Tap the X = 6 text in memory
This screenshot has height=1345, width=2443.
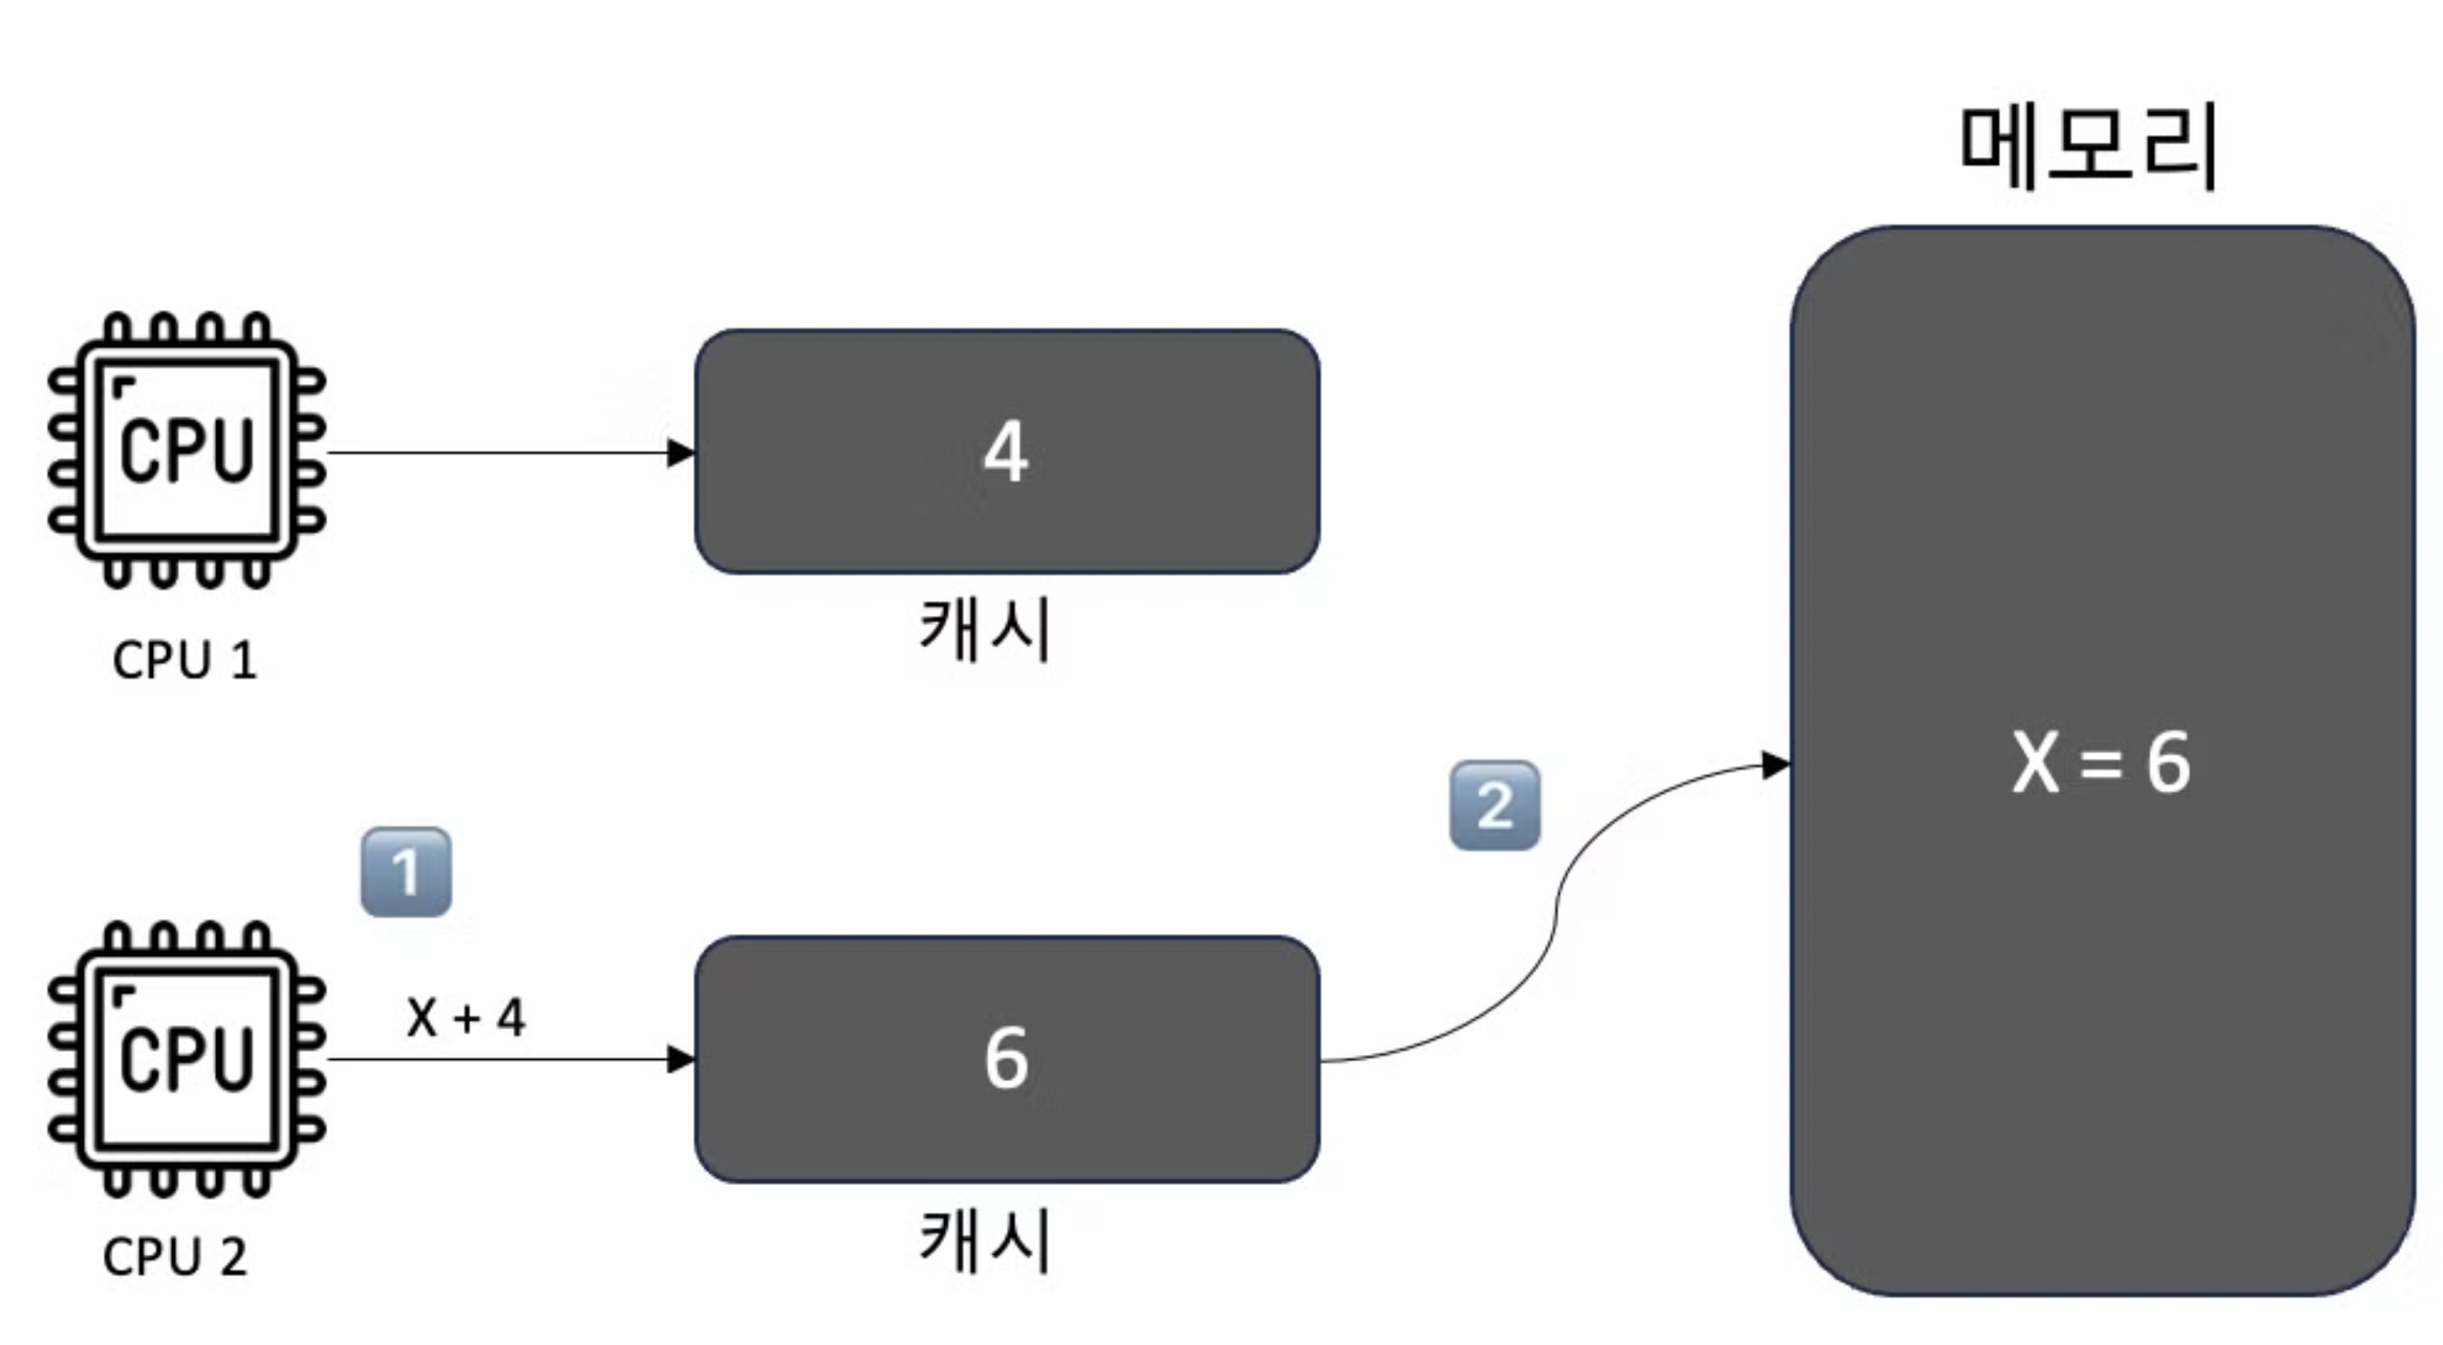click(2101, 763)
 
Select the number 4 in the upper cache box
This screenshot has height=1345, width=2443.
click(1006, 452)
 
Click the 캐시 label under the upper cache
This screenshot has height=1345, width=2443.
click(985, 629)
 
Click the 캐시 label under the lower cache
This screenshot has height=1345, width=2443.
click(985, 1240)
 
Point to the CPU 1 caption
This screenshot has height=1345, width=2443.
click(185, 661)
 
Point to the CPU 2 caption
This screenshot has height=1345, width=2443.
click(175, 1258)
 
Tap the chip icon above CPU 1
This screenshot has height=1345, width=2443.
click(187, 451)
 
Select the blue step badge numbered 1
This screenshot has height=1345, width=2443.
click(406, 871)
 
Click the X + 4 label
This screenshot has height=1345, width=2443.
click(466, 1018)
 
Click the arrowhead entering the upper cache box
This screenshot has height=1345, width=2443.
click(681, 453)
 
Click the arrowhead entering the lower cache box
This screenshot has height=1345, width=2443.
click(681, 1060)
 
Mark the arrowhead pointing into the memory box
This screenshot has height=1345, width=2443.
click(1775, 764)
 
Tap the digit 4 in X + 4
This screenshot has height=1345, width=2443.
click(511, 1018)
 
